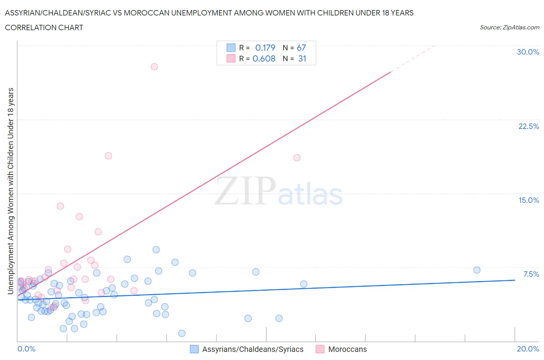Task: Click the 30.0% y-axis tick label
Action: pyautogui.click(x=528, y=52)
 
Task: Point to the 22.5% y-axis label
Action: pyautogui.click(x=529, y=126)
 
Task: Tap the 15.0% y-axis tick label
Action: pyautogui.click(x=529, y=200)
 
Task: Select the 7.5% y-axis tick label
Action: pyautogui.click(x=531, y=274)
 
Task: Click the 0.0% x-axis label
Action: pyautogui.click(x=26, y=349)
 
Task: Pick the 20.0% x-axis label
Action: pyautogui.click(x=528, y=349)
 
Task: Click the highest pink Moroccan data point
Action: pyautogui.click(x=154, y=67)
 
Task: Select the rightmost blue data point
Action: pyautogui.click(x=477, y=270)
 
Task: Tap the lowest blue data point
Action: pyautogui.click(x=181, y=333)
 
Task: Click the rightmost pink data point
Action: pyautogui.click(x=297, y=158)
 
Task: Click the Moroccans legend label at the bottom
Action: pyautogui.click(x=347, y=349)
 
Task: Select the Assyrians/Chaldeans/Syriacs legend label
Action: pyautogui.click(x=253, y=349)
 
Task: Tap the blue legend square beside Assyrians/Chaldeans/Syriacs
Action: pyautogui.click(x=194, y=349)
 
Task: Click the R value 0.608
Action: pyautogui.click(x=264, y=58)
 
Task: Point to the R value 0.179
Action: pyautogui.click(x=265, y=48)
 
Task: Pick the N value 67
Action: pyautogui.click(x=301, y=48)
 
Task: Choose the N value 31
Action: pyautogui.click(x=302, y=58)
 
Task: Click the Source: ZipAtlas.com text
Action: pyautogui.click(x=509, y=27)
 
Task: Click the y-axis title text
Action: pyautogui.click(x=10, y=191)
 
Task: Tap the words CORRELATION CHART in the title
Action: pyautogui.click(x=44, y=27)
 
